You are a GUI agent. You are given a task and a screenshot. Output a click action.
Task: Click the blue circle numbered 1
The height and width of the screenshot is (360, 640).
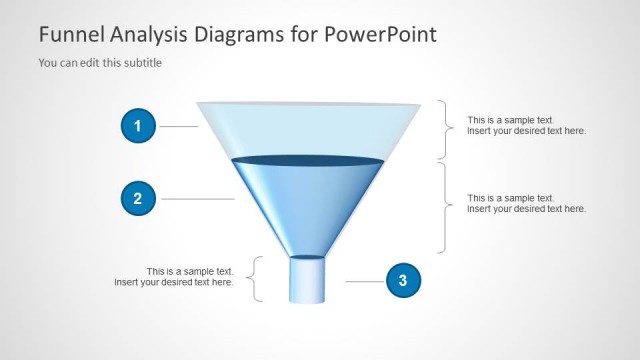click(x=137, y=126)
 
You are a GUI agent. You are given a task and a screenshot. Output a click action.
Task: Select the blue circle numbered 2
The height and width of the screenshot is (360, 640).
click(x=137, y=199)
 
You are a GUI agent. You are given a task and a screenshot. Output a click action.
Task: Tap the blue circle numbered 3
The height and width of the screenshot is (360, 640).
click(x=402, y=281)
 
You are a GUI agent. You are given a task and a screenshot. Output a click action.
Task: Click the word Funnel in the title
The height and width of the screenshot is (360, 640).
click(x=69, y=35)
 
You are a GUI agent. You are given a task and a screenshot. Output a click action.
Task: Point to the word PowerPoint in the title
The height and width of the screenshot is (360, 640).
click(x=380, y=35)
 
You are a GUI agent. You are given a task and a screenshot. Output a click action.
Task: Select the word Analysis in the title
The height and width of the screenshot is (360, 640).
click(x=147, y=35)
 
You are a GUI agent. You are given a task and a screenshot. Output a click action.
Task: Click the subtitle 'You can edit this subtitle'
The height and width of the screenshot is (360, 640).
click(x=100, y=63)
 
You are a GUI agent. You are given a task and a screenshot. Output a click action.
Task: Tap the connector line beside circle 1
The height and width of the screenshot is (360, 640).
click(x=179, y=126)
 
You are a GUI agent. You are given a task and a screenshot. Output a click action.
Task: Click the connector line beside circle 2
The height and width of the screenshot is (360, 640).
click(x=197, y=199)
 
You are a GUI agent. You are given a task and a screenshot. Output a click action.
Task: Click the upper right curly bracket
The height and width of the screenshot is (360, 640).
click(x=445, y=129)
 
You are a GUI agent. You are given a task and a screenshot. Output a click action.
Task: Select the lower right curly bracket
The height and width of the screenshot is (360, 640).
click(x=445, y=207)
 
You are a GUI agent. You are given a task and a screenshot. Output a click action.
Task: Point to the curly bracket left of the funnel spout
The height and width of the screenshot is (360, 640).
click(x=257, y=279)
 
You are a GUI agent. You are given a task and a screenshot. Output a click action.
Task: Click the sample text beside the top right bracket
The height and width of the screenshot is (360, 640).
click(x=526, y=126)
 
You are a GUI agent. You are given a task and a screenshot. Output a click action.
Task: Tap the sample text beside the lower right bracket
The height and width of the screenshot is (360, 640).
click(x=526, y=203)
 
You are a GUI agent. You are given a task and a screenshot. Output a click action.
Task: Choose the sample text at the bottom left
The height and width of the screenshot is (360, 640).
click(x=174, y=277)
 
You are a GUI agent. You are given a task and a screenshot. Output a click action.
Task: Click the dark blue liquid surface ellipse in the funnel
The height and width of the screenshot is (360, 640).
click(x=308, y=160)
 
